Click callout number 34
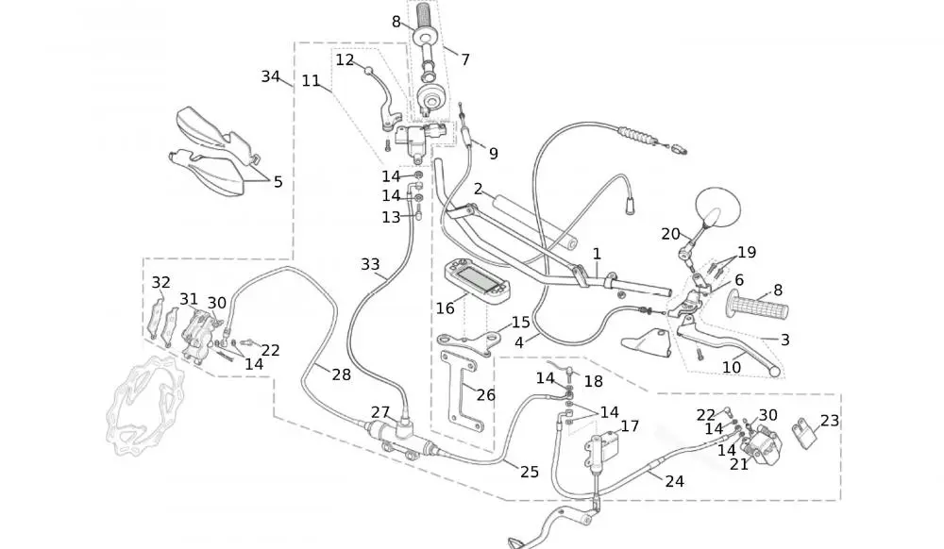pyautogui.click(x=271, y=76)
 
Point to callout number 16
pyautogui.click(x=445, y=308)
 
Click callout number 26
pyautogui.click(x=485, y=395)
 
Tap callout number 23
pyautogui.click(x=829, y=421)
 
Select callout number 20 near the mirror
pyautogui.click(x=670, y=234)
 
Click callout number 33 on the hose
pyautogui.click(x=371, y=265)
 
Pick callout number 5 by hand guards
pyautogui.click(x=278, y=182)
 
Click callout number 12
pyautogui.click(x=345, y=59)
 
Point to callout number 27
pyautogui.click(x=379, y=412)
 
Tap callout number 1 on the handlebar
pyautogui.click(x=597, y=254)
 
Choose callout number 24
pyautogui.click(x=674, y=481)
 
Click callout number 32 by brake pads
pyautogui.click(x=161, y=282)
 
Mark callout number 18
pyautogui.click(x=593, y=381)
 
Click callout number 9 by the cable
pyautogui.click(x=493, y=153)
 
